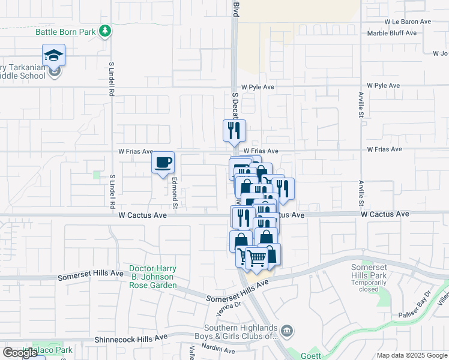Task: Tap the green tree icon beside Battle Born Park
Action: click(106, 31)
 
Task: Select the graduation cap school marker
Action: click(54, 56)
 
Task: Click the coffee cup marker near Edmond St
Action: click(163, 162)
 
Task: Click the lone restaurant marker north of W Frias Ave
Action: click(234, 130)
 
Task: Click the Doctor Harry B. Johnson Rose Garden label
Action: click(152, 277)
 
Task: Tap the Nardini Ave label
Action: click(218, 347)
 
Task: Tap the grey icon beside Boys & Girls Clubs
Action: click(288, 329)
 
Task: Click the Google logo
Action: click(20, 353)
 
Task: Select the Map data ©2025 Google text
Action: click(411, 355)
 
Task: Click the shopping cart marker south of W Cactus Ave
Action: click(258, 259)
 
